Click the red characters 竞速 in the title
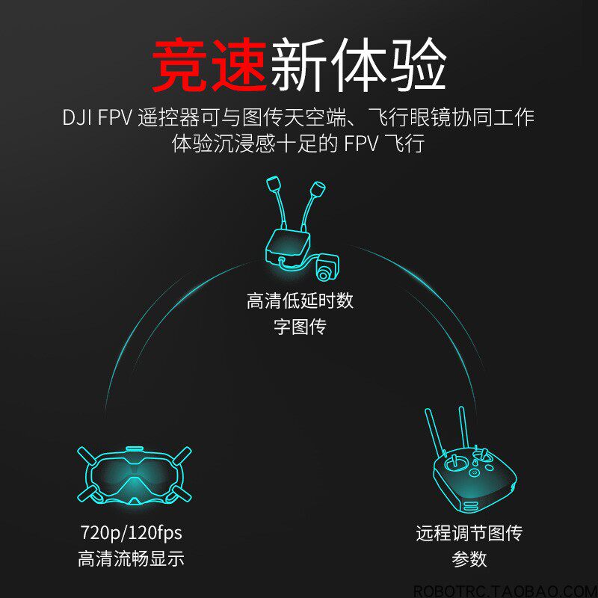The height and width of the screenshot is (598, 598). click(x=209, y=64)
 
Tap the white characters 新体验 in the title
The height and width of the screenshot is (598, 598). click(x=359, y=64)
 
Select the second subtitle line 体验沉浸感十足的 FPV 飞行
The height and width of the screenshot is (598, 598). click(x=298, y=144)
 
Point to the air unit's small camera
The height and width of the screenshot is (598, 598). click(x=327, y=267)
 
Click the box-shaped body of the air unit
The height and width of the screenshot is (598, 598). click(x=288, y=248)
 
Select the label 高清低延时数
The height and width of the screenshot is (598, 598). click(x=300, y=301)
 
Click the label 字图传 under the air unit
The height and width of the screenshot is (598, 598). click(x=300, y=327)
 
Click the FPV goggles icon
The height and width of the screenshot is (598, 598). click(x=135, y=475)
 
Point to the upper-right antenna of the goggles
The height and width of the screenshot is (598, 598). click(x=181, y=455)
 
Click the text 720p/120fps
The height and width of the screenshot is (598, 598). click(x=132, y=532)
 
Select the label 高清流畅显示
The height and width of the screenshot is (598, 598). click(x=132, y=558)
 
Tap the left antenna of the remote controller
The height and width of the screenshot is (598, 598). click(x=435, y=433)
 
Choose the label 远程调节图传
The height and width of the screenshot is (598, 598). click(x=469, y=533)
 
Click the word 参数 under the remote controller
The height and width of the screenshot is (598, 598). click(x=469, y=558)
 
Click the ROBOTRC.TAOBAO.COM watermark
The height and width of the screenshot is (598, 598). click(x=506, y=591)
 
